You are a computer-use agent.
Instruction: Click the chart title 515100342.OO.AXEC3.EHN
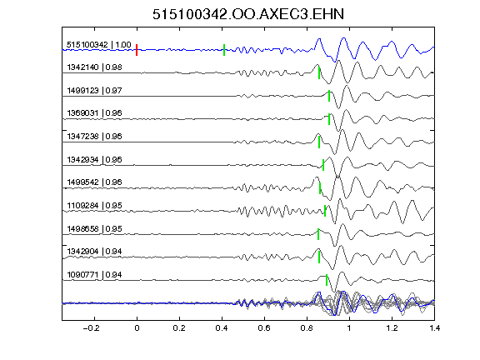(x=248, y=14)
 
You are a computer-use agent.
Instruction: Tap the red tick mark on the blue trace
(x=137, y=50)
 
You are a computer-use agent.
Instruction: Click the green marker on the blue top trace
(x=224, y=50)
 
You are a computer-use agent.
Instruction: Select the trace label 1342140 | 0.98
(x=95, y=67)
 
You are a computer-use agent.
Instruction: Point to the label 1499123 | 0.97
(x=95, y=91)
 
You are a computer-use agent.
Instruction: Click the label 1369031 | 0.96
(x=95, y=113)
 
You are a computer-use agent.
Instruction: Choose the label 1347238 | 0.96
(x=95, y=136)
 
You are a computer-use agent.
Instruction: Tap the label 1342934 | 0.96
(x=95, y=159)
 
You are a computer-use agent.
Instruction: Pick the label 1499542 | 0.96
(x=95, y=182)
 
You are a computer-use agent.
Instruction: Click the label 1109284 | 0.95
(x=95, y=205)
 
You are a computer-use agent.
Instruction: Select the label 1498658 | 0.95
(x=95, y=228)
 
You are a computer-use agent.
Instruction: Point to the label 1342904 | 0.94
(x=95, y=252)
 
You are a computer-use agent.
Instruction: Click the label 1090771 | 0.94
(x=95, y=275)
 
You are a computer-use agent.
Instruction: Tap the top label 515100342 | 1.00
(x=99, y=45)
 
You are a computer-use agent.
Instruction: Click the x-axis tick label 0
(x=137, y=328)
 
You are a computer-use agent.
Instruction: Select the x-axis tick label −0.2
(x=91, y=328)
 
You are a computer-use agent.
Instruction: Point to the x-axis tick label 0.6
(x=264, y=328)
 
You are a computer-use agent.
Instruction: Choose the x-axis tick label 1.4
(x=435, y=328)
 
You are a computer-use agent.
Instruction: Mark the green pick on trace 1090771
(x=327, y=280)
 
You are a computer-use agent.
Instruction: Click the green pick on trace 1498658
(x=318, y=234)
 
